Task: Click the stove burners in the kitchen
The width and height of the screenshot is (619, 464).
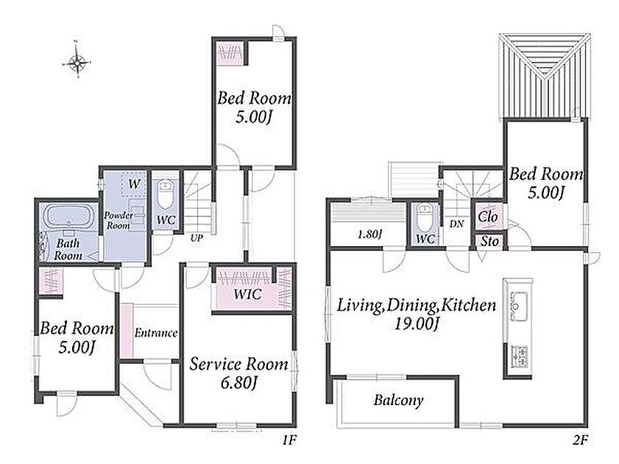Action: click(x=519, y=356)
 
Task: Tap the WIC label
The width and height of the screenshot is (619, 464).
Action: click(x=247, y=294)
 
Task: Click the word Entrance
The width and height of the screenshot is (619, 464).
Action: click(x=156, y=333)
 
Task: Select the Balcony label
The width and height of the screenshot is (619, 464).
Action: click(x=399, y=401)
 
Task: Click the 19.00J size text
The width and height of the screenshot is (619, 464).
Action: click(x=417, y=323)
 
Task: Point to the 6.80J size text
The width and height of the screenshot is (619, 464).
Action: click(x=239, y=382)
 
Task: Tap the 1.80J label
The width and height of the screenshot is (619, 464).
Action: click(x=370, y=234)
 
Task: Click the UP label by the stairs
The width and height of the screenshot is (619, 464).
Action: click(x=197, y=239)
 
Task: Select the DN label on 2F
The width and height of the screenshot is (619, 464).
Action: click(x=456, y=224)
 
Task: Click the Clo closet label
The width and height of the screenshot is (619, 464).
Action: click(x=488, y=217)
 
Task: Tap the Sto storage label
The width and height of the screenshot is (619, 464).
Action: click(x=489, y=241)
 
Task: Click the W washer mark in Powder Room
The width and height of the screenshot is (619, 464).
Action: click(x=134, y=183)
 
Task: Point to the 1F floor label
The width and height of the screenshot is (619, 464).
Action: click(x=289, y=440)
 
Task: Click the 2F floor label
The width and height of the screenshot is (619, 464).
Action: click(x=580, y=440)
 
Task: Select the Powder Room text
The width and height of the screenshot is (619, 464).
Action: click(x=119, y=220)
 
